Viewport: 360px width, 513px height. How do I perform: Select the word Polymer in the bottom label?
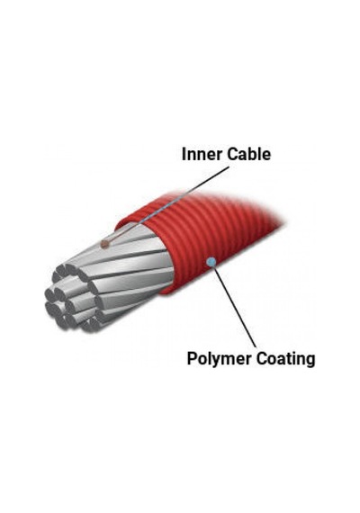point(220,359)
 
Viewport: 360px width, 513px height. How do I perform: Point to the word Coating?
point(285,359)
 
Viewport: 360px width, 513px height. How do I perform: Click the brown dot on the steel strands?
point(104,243)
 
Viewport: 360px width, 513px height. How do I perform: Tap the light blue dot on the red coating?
point(211,261)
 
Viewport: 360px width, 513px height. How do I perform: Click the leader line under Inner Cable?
point(166,205)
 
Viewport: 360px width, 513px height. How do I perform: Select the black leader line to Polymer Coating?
point(234,304)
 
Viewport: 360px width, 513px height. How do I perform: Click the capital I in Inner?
point(184,154)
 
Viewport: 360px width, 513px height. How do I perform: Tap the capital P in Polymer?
point(192,358)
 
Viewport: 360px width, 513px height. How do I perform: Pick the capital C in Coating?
point(262,358)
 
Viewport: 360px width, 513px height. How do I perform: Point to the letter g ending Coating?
point(310,362)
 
